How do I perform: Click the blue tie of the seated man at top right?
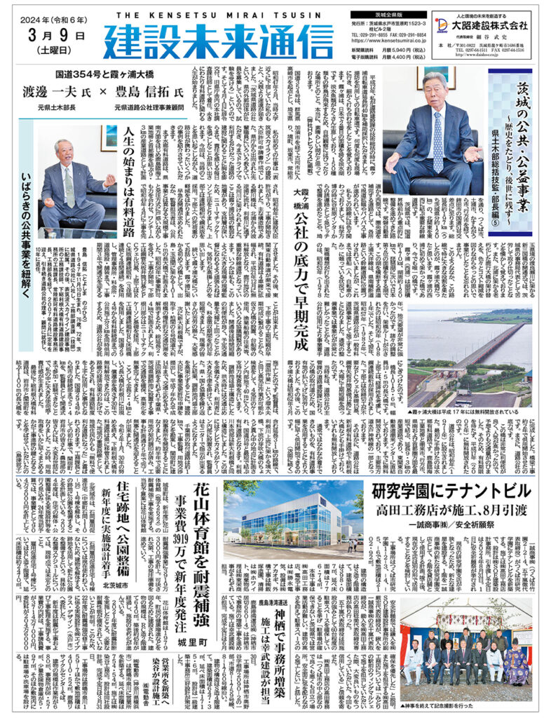tap(437, 140)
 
